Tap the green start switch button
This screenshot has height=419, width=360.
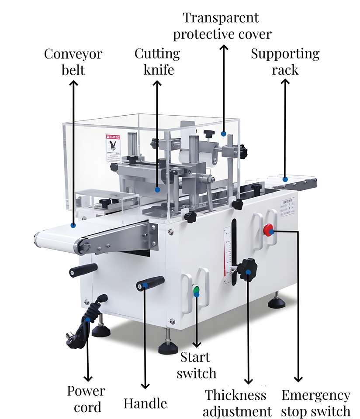pos(196,290)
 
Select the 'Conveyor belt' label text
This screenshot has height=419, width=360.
pos(73,62)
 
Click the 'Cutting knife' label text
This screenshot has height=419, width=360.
pos(157,62)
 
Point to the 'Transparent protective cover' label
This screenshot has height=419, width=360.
pos(222,26)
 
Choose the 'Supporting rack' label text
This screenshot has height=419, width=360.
pos(285,62)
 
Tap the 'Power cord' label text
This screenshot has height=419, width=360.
pos(86,399)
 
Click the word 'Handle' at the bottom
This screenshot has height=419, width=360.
pos(145,403)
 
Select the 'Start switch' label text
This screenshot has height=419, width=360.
pos(196,365)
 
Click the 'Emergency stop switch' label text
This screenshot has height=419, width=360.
pos(316,403)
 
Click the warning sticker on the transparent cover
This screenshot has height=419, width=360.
pos(112,148)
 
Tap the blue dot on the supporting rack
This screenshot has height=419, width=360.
pos(284,179)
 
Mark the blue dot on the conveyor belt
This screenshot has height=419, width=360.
pos(73,226)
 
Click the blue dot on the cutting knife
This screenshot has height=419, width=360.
pos(157,189)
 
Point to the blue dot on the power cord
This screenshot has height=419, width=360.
pos(88,320)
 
